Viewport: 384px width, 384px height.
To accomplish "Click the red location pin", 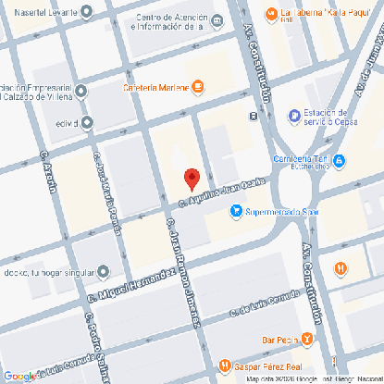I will [x=192, y=179].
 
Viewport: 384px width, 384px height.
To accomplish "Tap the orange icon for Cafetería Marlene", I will [x=198, y=88].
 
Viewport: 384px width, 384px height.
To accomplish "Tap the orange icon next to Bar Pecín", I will [x=306, y=340].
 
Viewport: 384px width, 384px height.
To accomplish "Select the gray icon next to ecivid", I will [x=87, y=122].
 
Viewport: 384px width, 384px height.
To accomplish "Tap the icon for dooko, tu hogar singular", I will [x=105, y=271].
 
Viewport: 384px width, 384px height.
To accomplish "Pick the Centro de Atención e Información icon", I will [x=217, y=21].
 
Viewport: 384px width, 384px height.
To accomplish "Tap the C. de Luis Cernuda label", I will [x=266, y=303].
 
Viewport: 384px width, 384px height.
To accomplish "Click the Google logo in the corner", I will [x=19, y=376].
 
